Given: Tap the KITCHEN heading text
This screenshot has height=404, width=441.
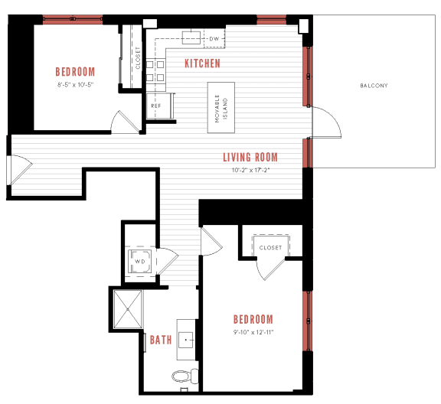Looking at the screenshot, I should click(202, 64).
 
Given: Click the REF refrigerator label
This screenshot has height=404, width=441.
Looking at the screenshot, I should click(155, 106).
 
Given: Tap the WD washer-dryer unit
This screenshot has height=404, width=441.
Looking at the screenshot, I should click(140, 262).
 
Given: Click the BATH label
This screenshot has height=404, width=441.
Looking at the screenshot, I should click(160, 340).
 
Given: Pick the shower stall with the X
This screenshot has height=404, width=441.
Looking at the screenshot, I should click(128, 309).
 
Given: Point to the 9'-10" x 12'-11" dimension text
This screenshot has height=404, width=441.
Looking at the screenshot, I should click(253, 332).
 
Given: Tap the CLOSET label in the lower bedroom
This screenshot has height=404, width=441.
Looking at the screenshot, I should click(270, 248).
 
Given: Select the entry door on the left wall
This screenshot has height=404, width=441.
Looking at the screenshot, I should click(18, 170).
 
